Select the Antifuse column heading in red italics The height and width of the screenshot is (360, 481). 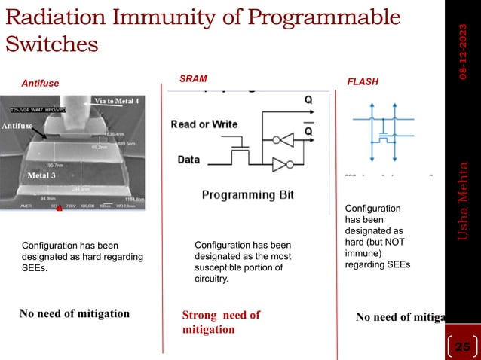click(x=39, y=83)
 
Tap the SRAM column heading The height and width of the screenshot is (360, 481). click(x=193, y=78)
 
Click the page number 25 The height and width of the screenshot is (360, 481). click(x=461, y=346)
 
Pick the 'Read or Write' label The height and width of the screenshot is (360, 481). click(x=204, y=124)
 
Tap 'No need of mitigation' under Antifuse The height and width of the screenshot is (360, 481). click(x=74, y=313)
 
